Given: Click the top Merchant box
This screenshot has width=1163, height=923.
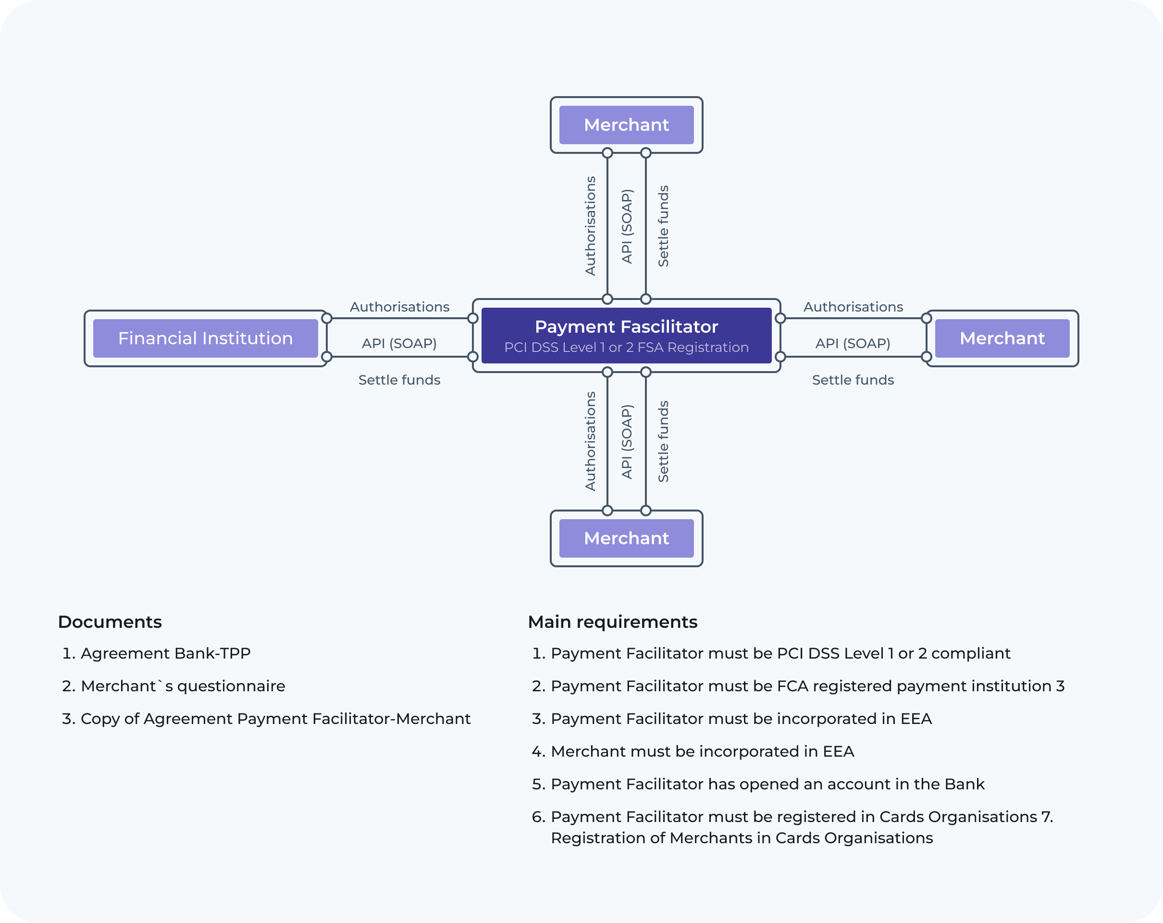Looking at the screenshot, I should [626, 125].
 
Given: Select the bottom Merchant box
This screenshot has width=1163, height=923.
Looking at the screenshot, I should [626, 538].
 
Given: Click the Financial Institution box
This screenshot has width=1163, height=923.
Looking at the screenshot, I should [205, 338].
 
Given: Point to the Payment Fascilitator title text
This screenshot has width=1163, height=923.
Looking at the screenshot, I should [626, 326].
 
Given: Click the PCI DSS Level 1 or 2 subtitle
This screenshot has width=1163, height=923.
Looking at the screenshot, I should [626, 348].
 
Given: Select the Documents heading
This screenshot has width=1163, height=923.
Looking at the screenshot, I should [110, 622].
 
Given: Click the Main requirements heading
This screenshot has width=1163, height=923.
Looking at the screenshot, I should [612, 622].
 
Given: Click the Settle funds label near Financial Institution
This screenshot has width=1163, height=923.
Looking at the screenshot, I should [399, 380].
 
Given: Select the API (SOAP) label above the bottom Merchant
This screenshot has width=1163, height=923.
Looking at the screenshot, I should [626, 442].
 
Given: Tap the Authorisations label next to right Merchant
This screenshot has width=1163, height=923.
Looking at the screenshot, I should [853, 307].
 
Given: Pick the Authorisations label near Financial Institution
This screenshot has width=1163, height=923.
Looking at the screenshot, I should [399, 307].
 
